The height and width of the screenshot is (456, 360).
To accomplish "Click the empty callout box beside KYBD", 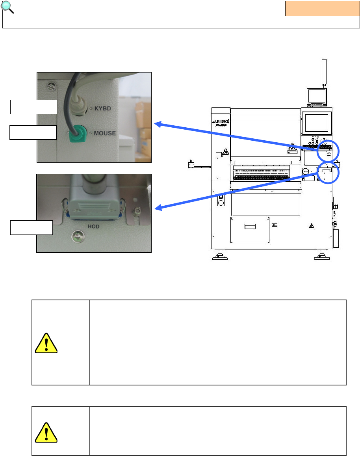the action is point(33,107).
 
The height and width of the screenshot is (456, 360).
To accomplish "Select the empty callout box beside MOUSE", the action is point(33,132).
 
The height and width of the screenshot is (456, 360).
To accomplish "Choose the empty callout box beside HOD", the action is point(31,227).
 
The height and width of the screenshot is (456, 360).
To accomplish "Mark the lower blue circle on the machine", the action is point(328,172).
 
